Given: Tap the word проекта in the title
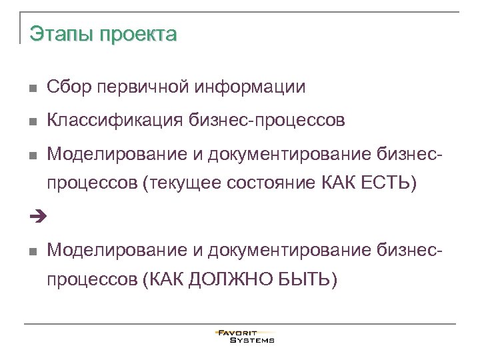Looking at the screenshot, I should [139, 34].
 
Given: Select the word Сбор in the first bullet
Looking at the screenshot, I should [68, 87].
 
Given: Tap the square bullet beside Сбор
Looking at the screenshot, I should [33, 88].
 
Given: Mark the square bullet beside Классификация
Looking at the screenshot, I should [33, 122].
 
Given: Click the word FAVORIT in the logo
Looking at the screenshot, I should [245, 333].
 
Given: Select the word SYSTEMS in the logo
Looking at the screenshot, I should [252, 340].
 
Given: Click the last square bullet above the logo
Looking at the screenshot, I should [33, 251].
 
